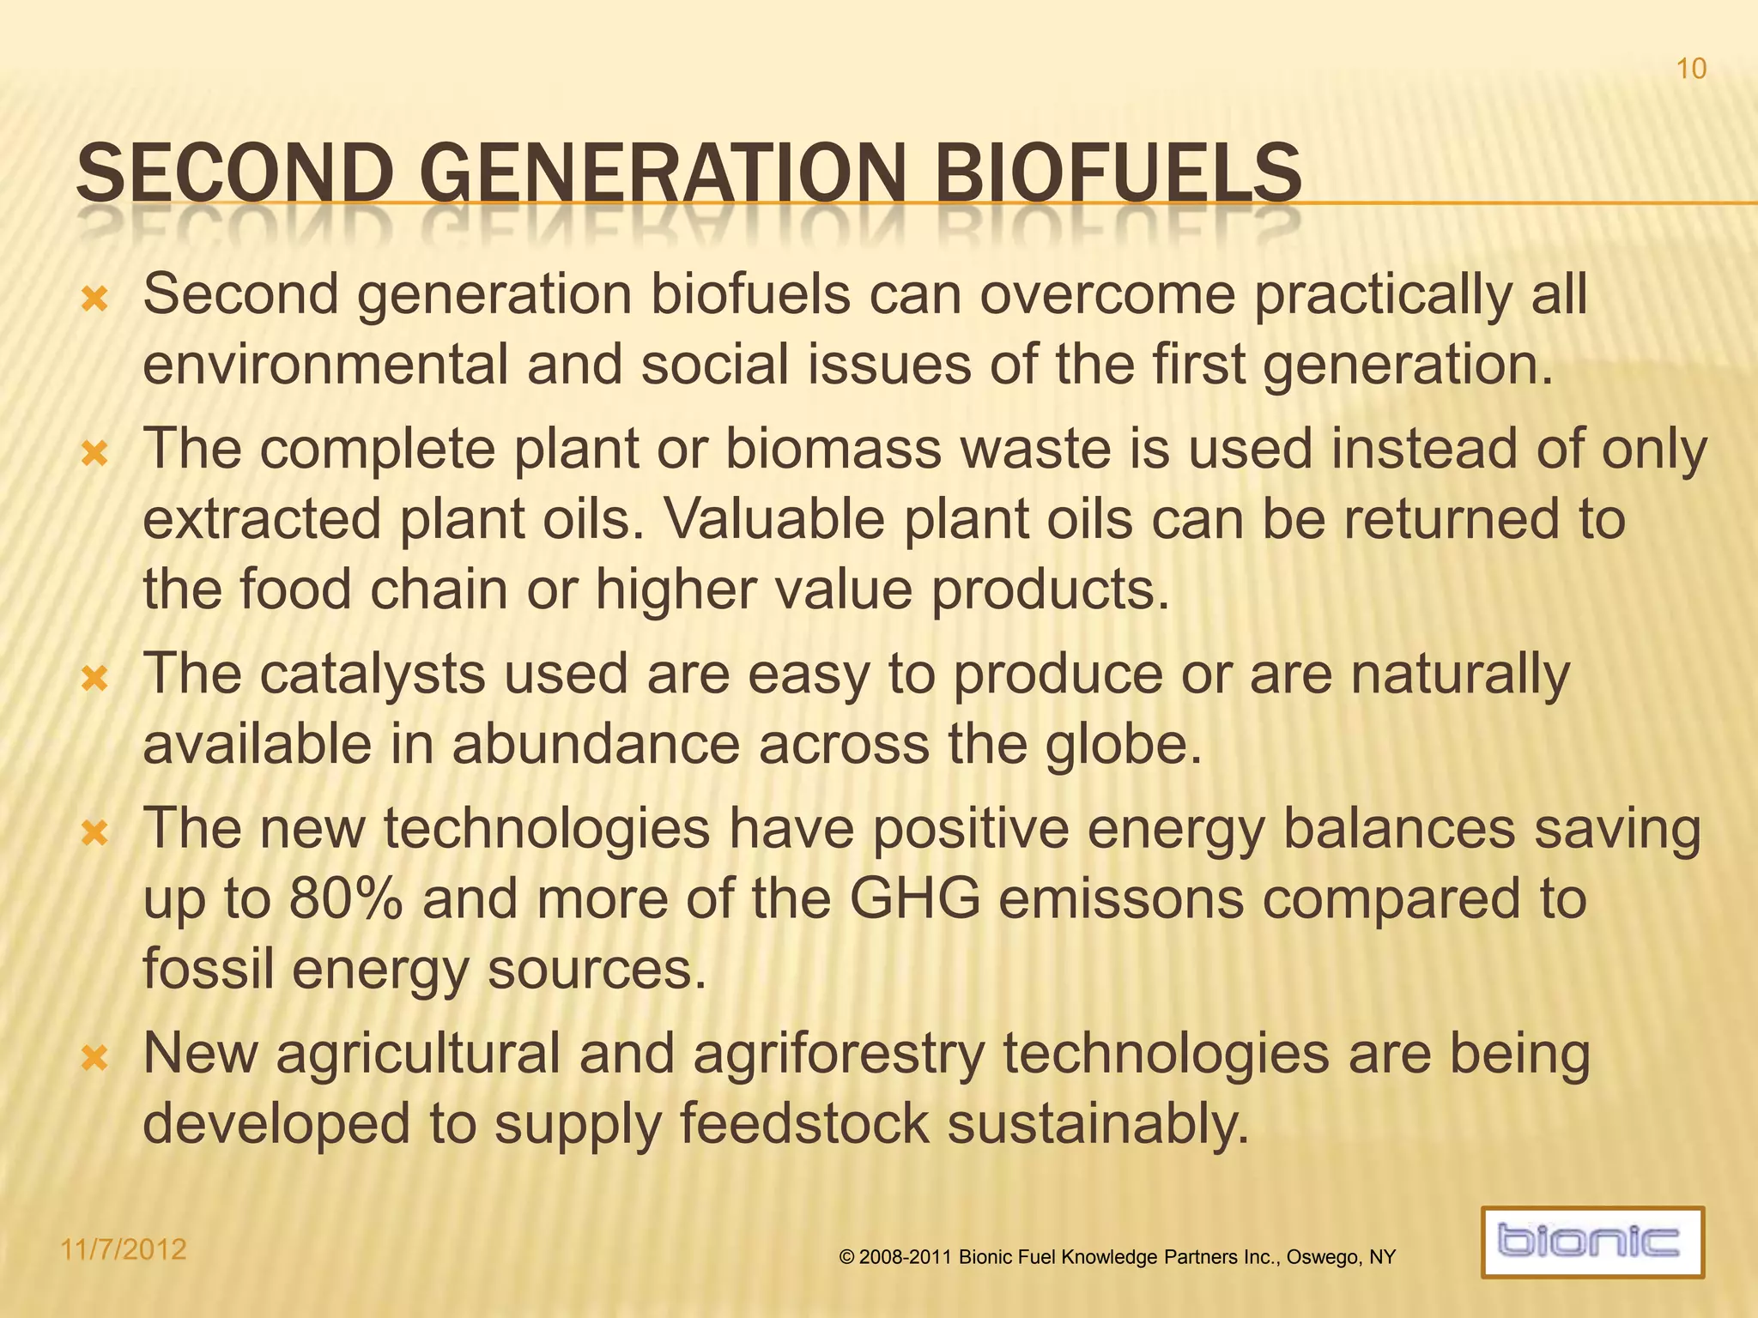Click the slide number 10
(1691, 69)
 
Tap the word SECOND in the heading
(233, 173)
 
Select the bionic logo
(1592, 1242)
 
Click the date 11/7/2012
(124, 1248)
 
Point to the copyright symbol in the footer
(847, 1258)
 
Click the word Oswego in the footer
(1321, 1258)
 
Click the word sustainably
(1098, 1125)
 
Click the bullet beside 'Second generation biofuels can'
(94, 299)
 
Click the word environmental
(325, 365)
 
